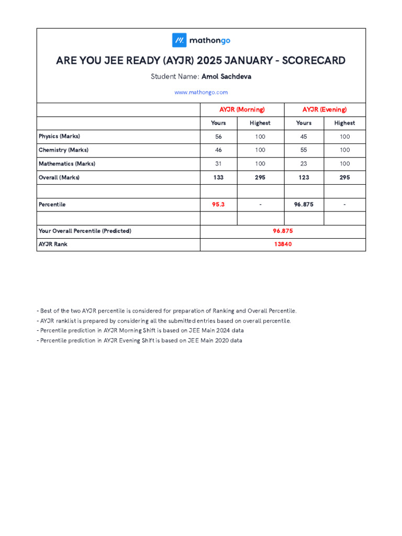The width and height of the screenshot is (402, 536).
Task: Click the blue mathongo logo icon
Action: tap(180, 40)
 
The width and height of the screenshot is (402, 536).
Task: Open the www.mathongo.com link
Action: tap(201, 92)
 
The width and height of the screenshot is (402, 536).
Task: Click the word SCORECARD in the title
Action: tap(314, 61)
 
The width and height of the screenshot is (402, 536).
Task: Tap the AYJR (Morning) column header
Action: tap(242, 109)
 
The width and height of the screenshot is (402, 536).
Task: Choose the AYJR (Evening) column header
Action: tap(325, 109)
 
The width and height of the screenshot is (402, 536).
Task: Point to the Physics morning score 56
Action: tap(218, 137)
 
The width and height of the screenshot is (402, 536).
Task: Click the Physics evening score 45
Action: tap(304, 137)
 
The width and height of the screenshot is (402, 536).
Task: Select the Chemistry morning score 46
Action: tap(218, 150)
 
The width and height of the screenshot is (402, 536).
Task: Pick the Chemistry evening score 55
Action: tap(304, 150)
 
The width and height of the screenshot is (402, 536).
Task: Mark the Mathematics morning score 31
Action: tap(218, 164)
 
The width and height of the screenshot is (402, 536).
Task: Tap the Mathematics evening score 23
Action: tap(304, 164)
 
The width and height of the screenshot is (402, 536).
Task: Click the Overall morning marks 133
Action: tap(218, 177)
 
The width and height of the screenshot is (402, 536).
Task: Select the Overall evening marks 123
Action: tap(304, 177)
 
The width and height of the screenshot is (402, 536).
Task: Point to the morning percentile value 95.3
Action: tap(218, 205)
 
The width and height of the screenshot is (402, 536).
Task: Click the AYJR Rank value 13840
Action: tap(283, 244)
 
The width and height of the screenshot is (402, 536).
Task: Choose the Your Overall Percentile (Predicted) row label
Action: tap(85, 231)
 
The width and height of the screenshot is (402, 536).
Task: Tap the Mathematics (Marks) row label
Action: tap(67, 164)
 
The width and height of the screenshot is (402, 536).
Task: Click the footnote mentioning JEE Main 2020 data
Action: tap(140, 341)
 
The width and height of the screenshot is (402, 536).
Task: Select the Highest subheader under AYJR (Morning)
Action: tap(260, 123)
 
